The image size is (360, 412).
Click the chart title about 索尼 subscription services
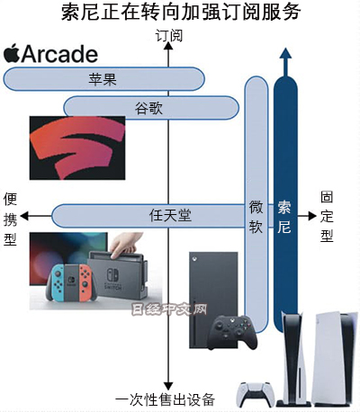tap(180, 12)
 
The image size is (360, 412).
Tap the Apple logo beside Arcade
tap(12, 53)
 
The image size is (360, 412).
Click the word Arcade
tap(59, 54)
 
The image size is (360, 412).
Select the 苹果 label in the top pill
tap(103, 79)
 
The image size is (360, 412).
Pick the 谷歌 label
tap(148, 108)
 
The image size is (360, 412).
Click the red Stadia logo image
tap(77, 148)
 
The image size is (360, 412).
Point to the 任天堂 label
tap(170, 215)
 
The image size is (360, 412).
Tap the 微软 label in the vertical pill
tap(256, 217)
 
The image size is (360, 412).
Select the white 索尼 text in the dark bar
tap(283, 217)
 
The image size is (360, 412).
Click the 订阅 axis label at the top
tap(168, 36)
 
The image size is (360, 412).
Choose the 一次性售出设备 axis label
tap(165, 399)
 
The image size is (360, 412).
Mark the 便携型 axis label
tap(11, 219)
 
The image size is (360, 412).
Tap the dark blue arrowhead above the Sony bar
tap(285, 54)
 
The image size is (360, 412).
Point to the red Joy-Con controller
tap(85, 282)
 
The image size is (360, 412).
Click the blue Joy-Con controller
tap(57, 282)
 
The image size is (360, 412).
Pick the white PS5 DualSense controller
tap(256, 395)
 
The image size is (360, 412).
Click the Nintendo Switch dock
tap(118, 275)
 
